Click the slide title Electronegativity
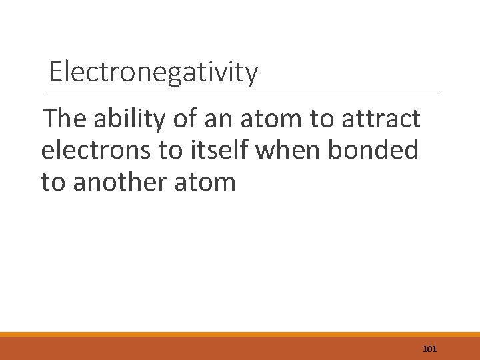153,72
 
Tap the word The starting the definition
65,119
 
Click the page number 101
429,349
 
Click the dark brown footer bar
200,349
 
